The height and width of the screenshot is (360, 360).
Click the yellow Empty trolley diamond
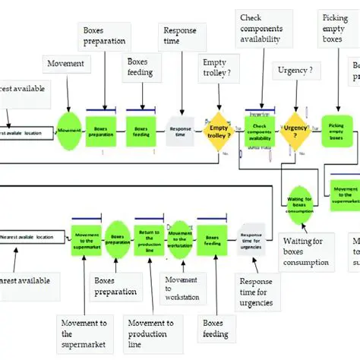point(219,130)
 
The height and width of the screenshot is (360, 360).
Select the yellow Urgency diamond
point(295,129)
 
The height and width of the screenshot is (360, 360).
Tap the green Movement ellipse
point(69,130)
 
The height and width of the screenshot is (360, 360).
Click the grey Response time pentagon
point(179,130)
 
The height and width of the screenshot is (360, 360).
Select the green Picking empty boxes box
point(336,129)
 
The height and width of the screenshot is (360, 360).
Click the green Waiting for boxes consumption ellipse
point(299,203)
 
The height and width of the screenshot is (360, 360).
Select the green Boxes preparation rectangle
point(100,130)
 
